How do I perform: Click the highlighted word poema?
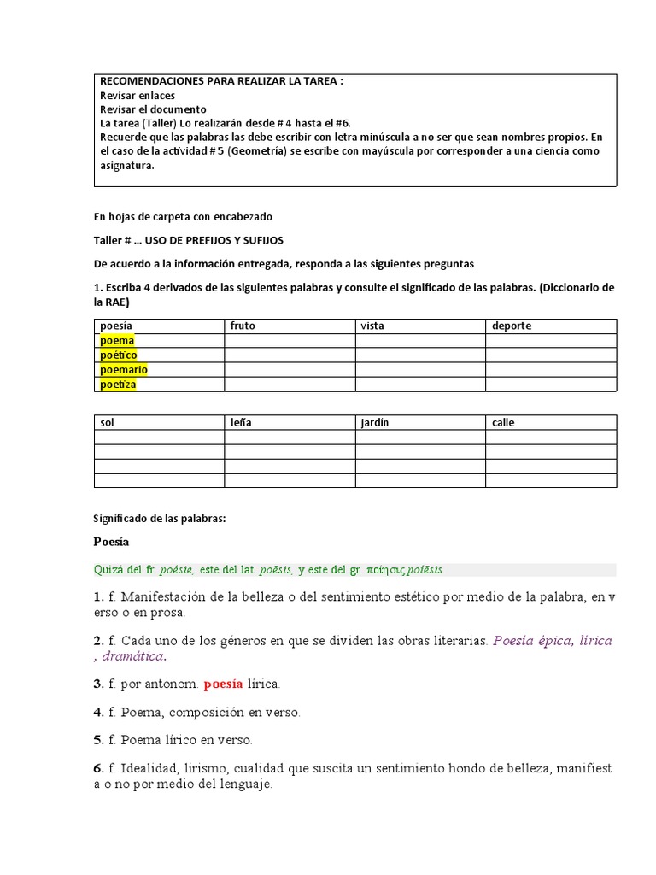click(x=117, y=341)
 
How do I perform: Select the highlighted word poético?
click(x=119, y=355)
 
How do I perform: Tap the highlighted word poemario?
click(x=124, y=370)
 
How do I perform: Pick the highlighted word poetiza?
click(x=118, y=385)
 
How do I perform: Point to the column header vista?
click(x=372, y=326)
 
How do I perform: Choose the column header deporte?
click(x=512, y=326)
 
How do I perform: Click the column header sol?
click(x=107, y=423)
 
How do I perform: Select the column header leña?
click(x=241, y=423)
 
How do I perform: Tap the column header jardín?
click(x=377, y=423)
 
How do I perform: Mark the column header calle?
click(x=503, y=423)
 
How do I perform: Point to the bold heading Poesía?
click(x=111, y=542)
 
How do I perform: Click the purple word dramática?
click(x=132, y=657)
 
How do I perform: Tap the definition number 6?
click(x=98, y=769)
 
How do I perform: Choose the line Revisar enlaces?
click(x=137, y=96)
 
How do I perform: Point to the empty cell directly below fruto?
click(x=290, y=341)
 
